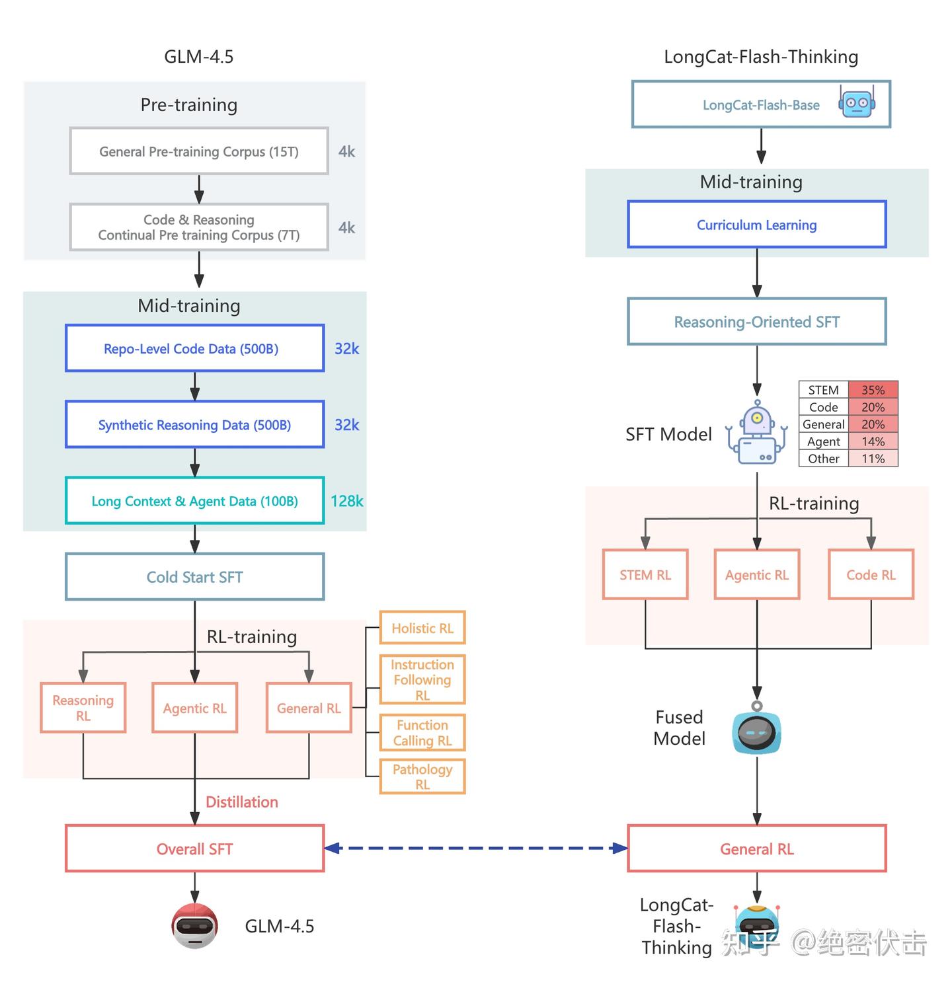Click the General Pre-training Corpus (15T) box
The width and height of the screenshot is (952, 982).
[198, 151]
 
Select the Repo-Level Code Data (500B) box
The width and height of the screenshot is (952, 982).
[194, 348]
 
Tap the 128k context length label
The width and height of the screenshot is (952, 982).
[346, 501]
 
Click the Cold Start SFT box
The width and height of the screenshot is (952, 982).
[194, 577]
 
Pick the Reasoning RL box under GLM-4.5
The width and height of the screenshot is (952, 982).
[83, 708]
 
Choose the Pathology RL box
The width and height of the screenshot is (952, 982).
[422, 776]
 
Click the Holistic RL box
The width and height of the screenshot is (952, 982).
[422, 628]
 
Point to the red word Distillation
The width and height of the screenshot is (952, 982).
[242, 802]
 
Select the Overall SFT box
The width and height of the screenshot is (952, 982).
[194, 849]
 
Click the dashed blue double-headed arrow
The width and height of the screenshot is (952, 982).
[476, 848]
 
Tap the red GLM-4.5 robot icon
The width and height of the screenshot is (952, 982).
[194, 926]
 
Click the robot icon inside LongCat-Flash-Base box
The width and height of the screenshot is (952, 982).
[857, 102]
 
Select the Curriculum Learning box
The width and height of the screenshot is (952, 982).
[756, 225]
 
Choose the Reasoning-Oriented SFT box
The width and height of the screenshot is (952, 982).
[756, 322]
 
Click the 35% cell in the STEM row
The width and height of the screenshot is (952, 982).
[873, 390]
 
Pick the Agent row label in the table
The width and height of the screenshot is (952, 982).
[823, 441]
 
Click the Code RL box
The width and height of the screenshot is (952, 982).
[871, 575]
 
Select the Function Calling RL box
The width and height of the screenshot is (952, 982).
[422, 733]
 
